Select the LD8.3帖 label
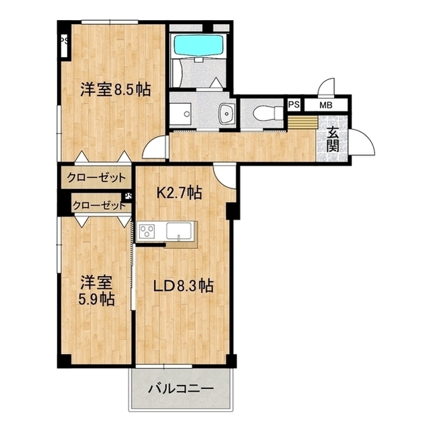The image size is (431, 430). (x=183, y=286)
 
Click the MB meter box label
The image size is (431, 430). (x=325, y=105)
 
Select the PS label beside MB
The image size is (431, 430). (x=294, y=105)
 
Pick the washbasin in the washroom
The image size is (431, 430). (x=226, y=114)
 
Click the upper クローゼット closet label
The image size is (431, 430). (x=96, y=178)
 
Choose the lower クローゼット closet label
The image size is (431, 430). (x=98, y=205)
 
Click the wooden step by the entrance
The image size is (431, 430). (x=302, y=124)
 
